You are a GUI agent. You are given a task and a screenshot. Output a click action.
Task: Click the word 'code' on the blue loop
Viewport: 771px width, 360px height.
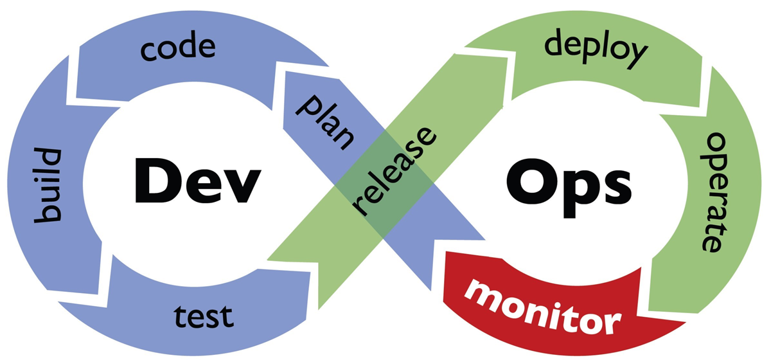(178, 46)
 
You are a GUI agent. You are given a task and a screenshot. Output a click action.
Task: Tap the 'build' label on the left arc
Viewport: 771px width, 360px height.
(48, 186)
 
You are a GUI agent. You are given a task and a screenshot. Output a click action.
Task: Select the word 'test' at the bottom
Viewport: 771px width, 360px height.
(204, 316)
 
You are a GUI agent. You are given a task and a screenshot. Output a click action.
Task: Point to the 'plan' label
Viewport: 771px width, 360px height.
(325, 122)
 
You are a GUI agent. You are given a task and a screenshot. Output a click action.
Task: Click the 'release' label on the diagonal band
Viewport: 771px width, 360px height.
(394, 171)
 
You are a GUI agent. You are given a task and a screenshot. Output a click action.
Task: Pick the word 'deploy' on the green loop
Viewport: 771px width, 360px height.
(596, 50)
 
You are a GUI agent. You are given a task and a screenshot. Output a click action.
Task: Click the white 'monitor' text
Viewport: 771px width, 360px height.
(543, 309)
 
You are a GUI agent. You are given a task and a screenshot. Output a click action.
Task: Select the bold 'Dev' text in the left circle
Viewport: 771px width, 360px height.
(198, 181)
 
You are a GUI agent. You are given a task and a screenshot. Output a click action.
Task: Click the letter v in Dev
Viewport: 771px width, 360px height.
(240, 186)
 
